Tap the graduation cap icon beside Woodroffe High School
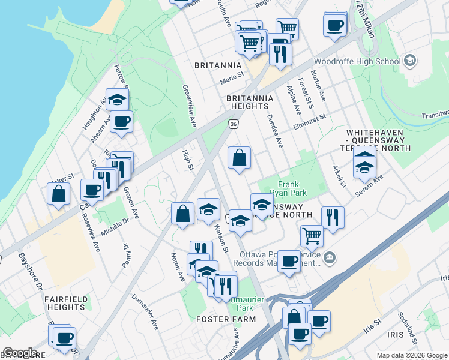[410, 61]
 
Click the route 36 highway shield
[234, 124]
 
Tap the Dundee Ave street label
[274, 131]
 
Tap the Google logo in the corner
[20, 353]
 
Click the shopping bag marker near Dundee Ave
[239, 158]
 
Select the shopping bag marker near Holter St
[58, 193]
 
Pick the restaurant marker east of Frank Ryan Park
[333, 218]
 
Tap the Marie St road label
[234, 77]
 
